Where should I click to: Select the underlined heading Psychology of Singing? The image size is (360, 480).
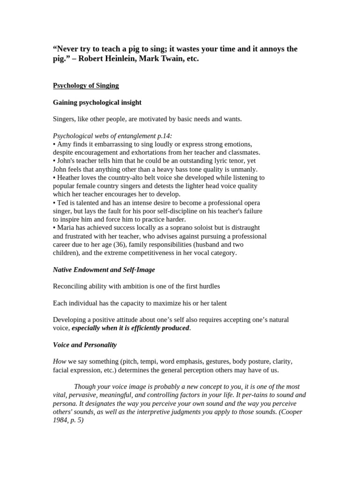pyautogui.click(x=86, y=85)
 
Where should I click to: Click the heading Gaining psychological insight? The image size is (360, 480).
pyautogui.click(x=97, y=102)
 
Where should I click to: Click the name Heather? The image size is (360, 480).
pyautogui.click(x=69, y=178)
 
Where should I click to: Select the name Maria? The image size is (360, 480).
pyautogui.click(x=66, y=228)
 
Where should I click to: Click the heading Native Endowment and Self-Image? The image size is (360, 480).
pyautogui.click(x=104, y=270)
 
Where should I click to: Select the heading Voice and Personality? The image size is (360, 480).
pyautogui.click(x=84, y=345)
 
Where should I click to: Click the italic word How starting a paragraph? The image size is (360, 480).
pyautogui.click(x=60, y=362)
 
